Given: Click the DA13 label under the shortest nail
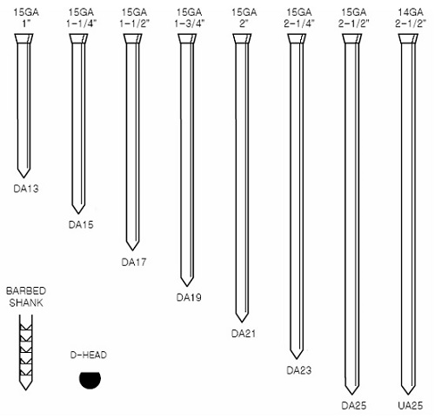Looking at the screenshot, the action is (26, 189).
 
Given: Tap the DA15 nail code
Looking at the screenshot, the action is (81, 224).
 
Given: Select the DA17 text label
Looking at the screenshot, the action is (134, 262).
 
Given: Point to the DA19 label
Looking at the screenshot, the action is (189, 297).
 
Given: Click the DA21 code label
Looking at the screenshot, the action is (244, 334).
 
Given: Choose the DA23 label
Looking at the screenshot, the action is (299, 370).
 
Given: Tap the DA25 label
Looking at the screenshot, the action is (354, 405).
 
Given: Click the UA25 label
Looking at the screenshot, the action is (411, 405).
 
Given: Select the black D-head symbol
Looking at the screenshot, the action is (90, 380).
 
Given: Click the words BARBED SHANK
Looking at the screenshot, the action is (26, 296).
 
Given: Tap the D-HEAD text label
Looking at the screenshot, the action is (89, 355).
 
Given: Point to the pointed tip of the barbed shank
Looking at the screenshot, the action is (25, 390).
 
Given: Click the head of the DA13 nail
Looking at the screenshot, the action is (23, 38).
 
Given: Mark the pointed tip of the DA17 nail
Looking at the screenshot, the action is (133, 250).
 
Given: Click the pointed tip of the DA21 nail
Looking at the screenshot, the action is (242, 323).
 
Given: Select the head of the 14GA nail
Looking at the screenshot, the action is (408, 39).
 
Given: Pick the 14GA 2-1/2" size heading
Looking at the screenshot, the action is (411, 17).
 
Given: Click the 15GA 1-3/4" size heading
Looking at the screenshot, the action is (190, 17).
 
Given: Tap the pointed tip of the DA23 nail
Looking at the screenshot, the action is (297, 359).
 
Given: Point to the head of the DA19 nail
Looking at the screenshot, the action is (187, 38).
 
